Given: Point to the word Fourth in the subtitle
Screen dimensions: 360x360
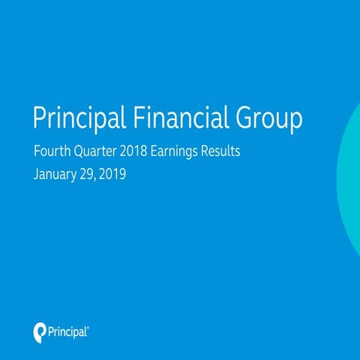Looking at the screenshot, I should point(52,153).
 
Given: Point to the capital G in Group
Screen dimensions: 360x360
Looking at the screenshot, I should point(240,118).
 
